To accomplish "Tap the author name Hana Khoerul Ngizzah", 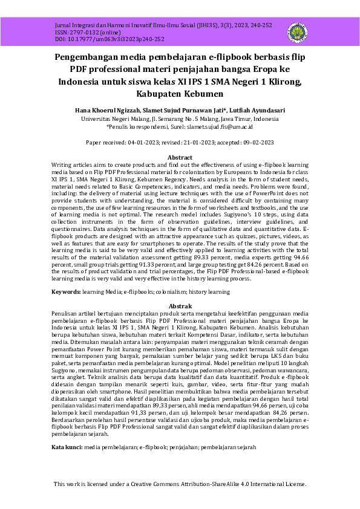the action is [x=106, y=111].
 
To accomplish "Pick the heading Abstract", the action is [x=180, y=157].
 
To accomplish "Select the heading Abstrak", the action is [x=180, y=306].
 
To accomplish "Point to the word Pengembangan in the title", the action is [x=92, y=57].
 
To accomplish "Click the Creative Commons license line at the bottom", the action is [x=180, y=484].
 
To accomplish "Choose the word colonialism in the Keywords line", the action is [x=177, y=292].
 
